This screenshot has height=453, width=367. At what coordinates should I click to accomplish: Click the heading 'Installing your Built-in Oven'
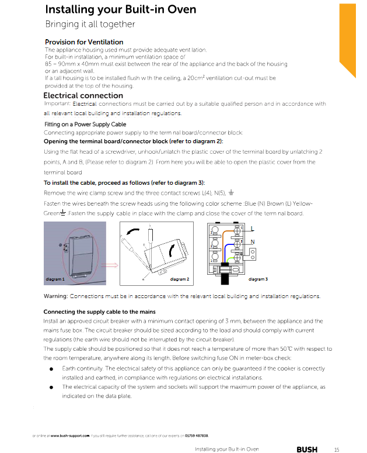coord(120,10)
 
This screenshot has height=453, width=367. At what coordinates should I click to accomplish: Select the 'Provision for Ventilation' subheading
coord(84,42)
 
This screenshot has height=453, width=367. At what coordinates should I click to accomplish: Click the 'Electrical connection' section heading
coord(83,95)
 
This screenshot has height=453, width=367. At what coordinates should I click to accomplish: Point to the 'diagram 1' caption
coord(55,279)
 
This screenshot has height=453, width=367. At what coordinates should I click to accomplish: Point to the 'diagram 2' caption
coord(179,279)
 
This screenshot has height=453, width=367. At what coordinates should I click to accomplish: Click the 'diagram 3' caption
coord(258,279)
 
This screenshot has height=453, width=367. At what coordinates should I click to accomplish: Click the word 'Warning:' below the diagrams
coord(56,296)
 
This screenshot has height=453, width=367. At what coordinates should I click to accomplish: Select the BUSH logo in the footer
coord(307,449)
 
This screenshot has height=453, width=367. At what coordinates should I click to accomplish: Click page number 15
coord(336,449)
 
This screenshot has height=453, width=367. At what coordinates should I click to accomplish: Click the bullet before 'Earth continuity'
coord(52,369)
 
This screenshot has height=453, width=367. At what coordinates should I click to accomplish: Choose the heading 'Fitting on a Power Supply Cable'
coord(85,125)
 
